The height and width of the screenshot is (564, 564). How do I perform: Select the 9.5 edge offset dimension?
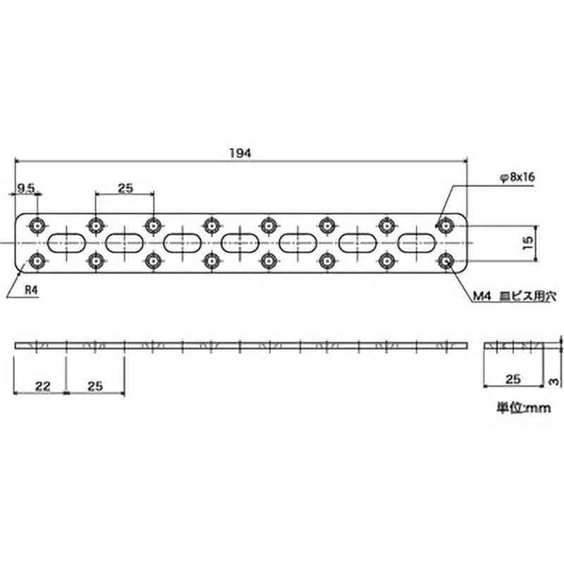(x=26, y=187)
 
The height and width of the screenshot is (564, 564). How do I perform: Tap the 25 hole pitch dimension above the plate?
(x=125, y=187)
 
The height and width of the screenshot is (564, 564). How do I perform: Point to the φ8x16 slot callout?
(x=518, y=178)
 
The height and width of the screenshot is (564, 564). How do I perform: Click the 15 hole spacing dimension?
(x=529, y=243)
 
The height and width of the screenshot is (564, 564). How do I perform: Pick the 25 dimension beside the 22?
(x=96, y=385)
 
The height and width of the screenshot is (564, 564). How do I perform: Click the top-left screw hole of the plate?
(x=37, y=226)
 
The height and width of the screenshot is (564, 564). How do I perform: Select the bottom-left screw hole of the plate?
(x=37, y=262)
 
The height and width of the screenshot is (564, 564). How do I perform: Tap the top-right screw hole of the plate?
(x=444, y=226)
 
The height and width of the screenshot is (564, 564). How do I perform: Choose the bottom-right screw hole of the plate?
(x=444, y=262)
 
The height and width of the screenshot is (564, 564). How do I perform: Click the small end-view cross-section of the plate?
(x=513, y=345)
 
